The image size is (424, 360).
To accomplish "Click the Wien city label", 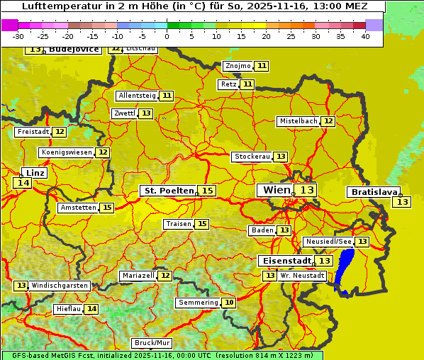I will (276, 190).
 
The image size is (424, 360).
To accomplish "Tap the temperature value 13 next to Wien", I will (307, 190).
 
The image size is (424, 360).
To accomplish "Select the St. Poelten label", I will (169, 191).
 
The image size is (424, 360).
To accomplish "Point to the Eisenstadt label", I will (284, 261).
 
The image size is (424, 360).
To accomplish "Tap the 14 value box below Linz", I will (22, 183).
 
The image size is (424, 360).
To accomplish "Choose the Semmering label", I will (199, 303).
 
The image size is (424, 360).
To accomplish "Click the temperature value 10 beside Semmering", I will (228, 303).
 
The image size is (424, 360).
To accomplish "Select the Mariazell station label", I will (138, 275).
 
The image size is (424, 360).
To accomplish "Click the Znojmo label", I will (238, 66).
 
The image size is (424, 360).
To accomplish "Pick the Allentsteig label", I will (138, 96).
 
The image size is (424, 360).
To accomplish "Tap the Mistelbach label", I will (298, 121).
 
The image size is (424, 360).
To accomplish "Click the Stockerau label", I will (252, 157).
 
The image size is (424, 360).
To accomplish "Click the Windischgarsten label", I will (60, 286).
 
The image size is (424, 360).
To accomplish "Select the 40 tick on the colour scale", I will (365, 37).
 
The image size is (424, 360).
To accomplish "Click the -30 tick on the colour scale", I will (18, 37).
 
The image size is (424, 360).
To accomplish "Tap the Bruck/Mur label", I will (152, 343).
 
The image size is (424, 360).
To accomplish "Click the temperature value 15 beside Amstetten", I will (106, 208).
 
